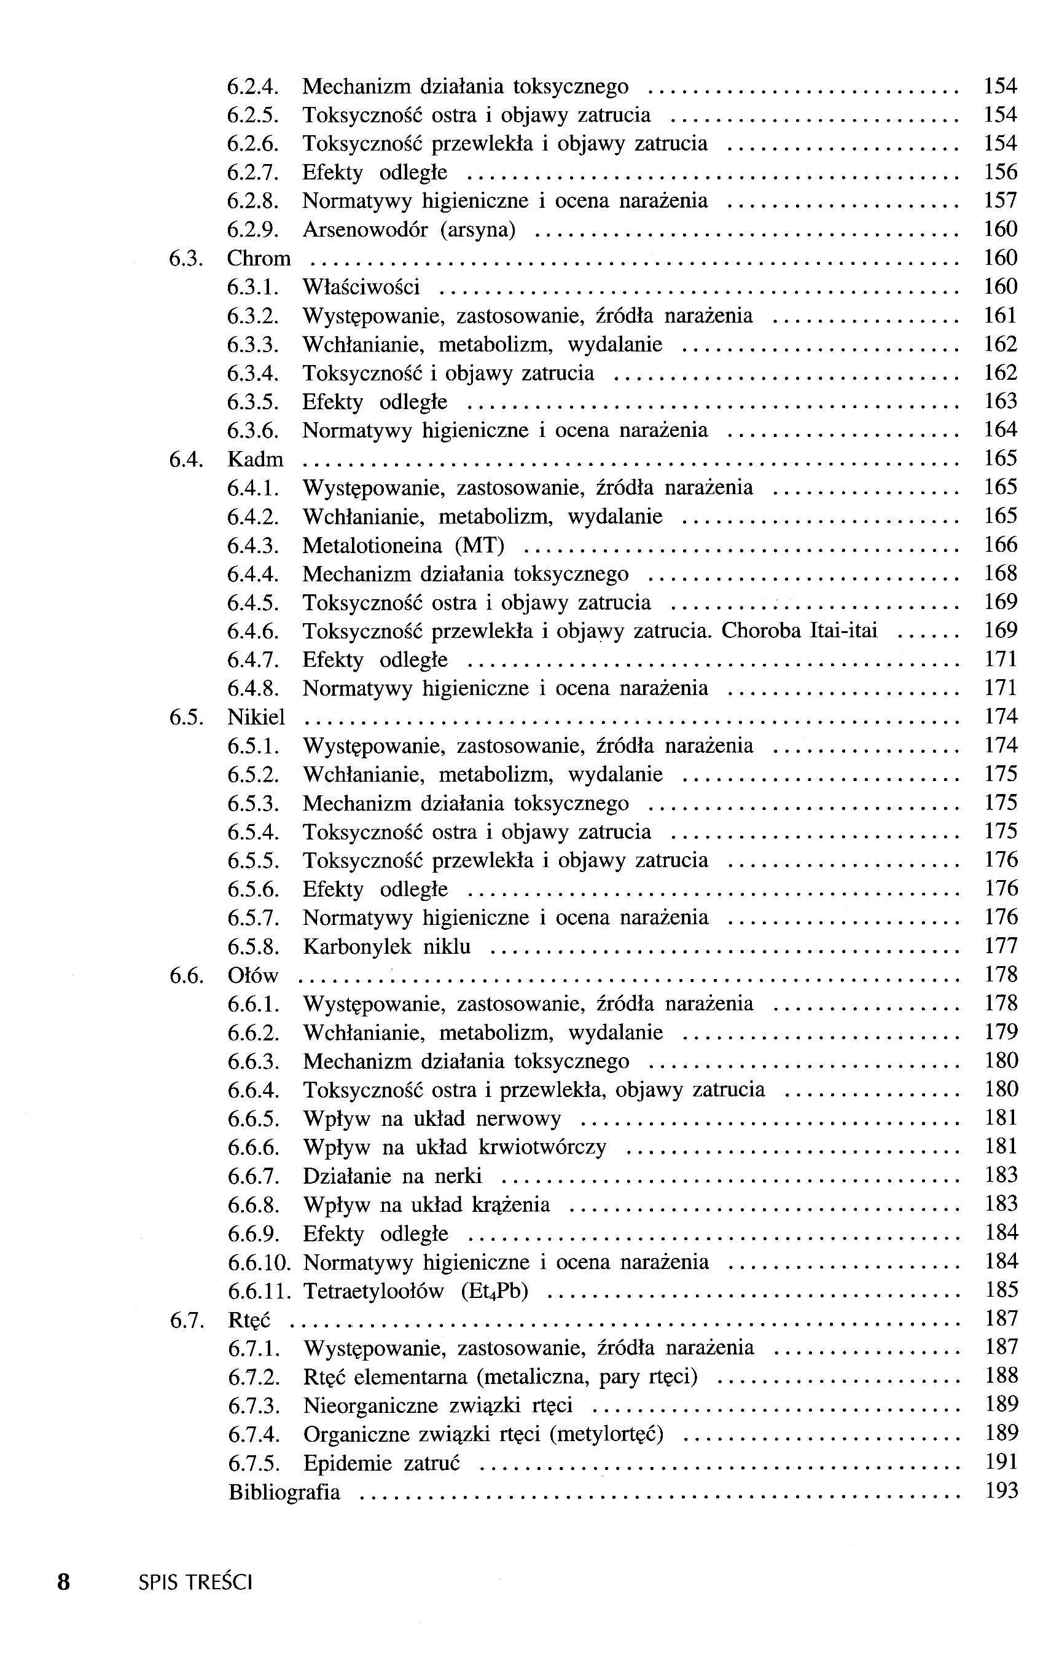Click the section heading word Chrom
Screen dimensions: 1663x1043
click(x=259, y=259)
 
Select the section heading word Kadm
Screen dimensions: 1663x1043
click(x=256, y=460)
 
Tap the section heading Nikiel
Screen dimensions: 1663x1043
click(x=256, y=718)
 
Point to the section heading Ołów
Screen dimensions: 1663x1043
click(x=252, y=976)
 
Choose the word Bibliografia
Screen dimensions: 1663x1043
click(x=284, y=1493)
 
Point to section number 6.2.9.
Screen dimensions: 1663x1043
click(x=252, y=230)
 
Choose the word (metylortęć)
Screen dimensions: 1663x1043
click(x=606, y=1434)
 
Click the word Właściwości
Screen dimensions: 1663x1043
click(x=361, y=287)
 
